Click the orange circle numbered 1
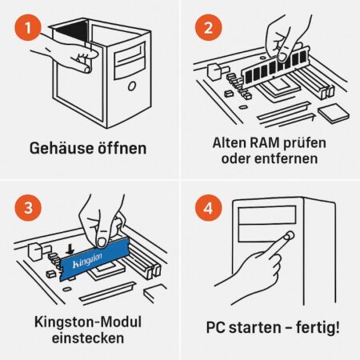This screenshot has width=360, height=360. point(28,27)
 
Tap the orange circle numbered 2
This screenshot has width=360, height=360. point(208,27)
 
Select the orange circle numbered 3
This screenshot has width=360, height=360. point(28,207)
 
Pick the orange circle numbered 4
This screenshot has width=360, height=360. point(208,207)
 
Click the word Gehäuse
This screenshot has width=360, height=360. point(62,148)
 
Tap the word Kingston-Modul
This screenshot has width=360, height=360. point(88,322)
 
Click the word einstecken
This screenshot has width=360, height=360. point(88,338)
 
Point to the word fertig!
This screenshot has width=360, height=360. point(318,327)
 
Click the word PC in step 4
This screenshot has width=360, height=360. point(216,328)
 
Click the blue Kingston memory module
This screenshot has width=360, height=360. point(94,258)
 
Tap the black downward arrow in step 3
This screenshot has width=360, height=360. point(70,249)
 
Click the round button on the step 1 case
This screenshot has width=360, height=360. point(132,86)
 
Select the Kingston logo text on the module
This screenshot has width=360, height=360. point(87,261)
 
